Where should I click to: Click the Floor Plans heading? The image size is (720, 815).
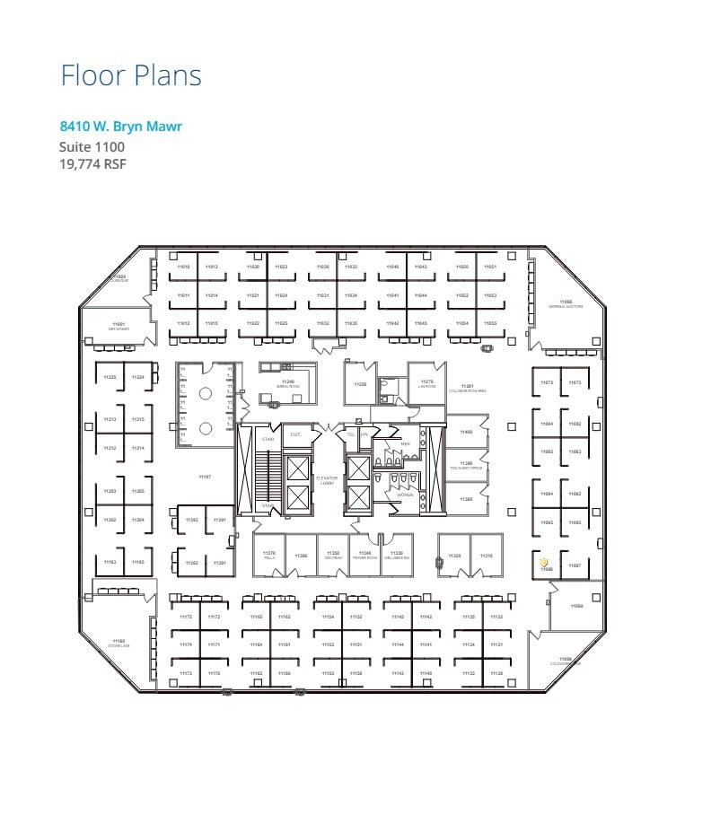coord(131,75)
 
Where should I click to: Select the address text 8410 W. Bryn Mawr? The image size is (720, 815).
coord(121,127)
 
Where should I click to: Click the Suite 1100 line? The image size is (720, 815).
coord(92,146)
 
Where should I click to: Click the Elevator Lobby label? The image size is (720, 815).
coord(327,481)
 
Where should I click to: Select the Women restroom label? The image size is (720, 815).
coord(406,495)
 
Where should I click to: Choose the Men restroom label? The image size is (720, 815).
coord(405,443)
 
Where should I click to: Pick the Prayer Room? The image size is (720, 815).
coord(364,556)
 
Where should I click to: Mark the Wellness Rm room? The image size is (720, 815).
coord(398,556)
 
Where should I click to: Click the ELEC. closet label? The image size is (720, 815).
coord(295,435)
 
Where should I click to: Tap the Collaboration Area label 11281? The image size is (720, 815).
coord(468,389)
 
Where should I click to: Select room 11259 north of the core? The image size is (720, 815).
coord(360,384)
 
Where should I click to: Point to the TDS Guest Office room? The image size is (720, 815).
coord(466,465)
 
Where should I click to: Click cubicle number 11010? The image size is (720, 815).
coord(183,267)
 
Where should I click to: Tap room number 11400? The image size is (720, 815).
coord(466,433)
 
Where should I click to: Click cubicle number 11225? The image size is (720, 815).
coord(110,377)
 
